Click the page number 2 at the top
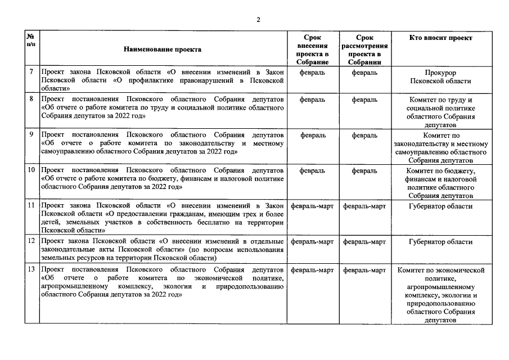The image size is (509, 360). tap(258, 20)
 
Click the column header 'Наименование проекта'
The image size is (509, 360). tap(163, 49)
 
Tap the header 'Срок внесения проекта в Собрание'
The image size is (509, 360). tap(313, 49)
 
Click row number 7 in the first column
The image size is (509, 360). tap(31, 73)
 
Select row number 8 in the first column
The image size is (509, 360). tap(31, 100)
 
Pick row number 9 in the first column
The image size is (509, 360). tap(31, 135)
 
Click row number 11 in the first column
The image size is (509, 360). tap(31, 206)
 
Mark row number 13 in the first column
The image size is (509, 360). tap(31, 270)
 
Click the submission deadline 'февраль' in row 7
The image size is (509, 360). tap(313, 73)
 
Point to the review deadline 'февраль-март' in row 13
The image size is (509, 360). tap(364, 270)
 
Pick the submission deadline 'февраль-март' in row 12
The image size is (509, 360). tap(313, 242)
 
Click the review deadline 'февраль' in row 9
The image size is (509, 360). tap(364, 135)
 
